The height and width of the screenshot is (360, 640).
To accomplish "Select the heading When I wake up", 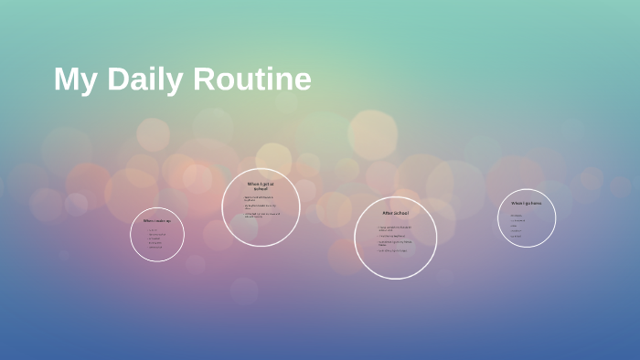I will tap(156, 220).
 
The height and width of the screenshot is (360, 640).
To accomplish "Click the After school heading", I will tap(395, 213).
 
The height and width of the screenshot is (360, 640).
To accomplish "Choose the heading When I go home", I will tap(526, 203).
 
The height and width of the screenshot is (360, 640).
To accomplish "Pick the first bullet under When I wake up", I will tap(153, 229).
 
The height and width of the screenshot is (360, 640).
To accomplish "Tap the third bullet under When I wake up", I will tap(155, 238).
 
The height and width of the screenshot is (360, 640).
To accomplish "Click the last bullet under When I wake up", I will tap(155, 247).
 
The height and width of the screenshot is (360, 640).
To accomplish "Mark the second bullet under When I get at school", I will tap(260, 206).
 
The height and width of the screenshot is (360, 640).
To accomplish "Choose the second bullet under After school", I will tap(394, 235).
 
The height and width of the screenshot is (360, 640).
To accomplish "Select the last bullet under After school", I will tap(394, 250).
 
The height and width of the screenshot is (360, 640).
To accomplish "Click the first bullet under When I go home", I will tap(517, 216).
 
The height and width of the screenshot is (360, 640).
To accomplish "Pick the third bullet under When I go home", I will tap(515, 226).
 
